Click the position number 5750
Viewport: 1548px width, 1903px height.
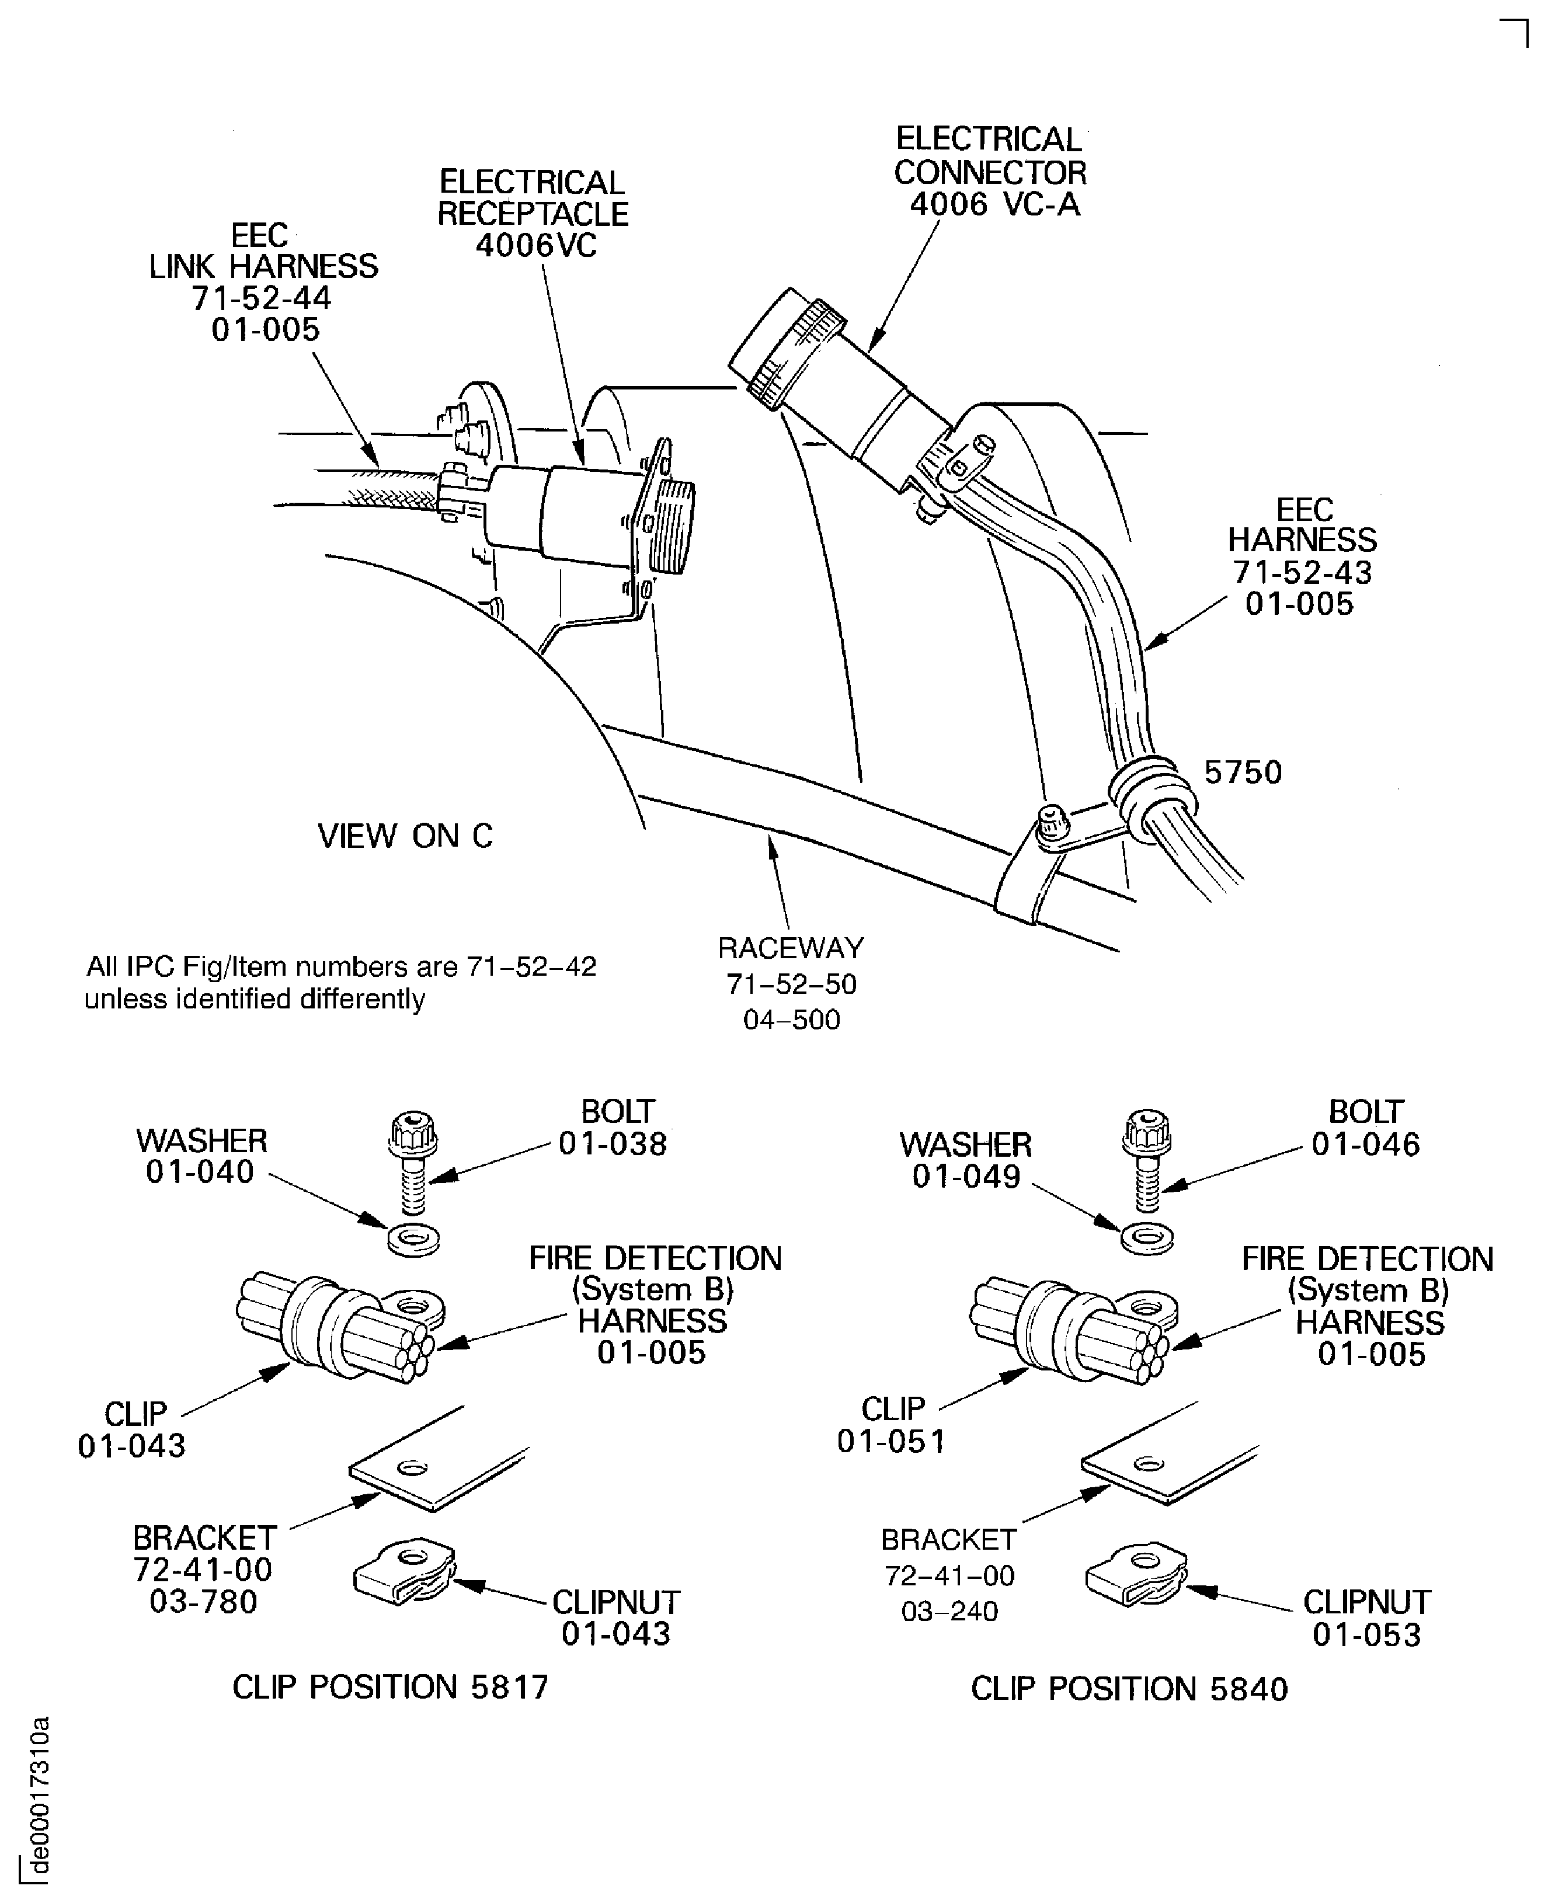pos(1243,773)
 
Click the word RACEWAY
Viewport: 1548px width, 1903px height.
pos(791,948)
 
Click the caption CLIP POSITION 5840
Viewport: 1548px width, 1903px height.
pos(1129,1689)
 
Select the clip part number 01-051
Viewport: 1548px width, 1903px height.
pos(891,1441)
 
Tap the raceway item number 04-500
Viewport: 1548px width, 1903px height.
pos(791,1020)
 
